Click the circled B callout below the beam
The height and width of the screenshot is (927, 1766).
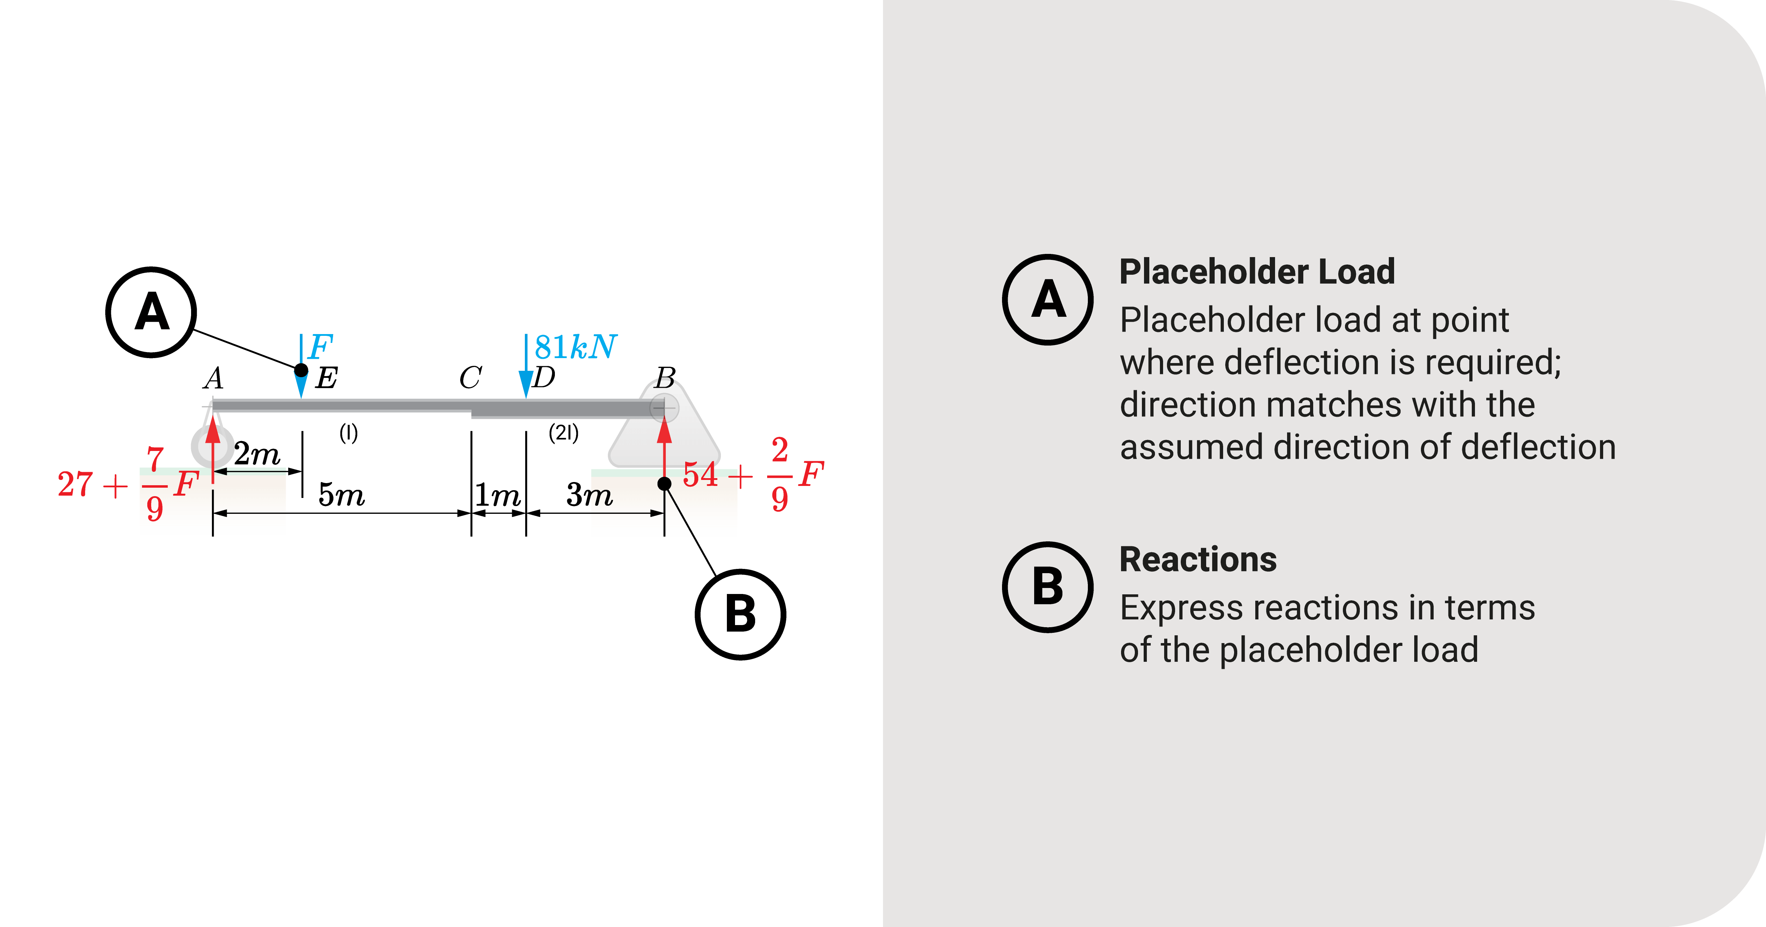coord(740,614)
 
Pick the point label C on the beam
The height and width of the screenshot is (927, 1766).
coord(470,378)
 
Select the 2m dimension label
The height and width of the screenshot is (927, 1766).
coord(257,454)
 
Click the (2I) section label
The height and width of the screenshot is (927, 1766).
coord(563,433)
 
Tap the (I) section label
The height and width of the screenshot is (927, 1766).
coord(348,433)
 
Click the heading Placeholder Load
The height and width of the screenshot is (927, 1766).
coord(1257,272)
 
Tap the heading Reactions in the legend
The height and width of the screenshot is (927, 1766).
coord(1198,559)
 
